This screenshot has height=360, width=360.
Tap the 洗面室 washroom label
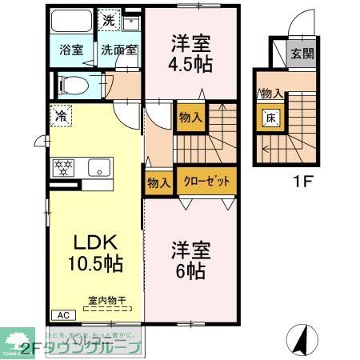(119, 49)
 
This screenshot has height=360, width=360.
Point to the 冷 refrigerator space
(62, 116)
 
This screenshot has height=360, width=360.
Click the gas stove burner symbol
(63, 168)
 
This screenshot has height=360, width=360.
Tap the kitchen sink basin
(99, 169)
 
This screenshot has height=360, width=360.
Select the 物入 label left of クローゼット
(158, 182)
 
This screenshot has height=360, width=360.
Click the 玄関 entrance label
(301, 55)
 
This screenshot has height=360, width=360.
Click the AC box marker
(60, 314)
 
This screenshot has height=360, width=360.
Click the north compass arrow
(303, 339)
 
